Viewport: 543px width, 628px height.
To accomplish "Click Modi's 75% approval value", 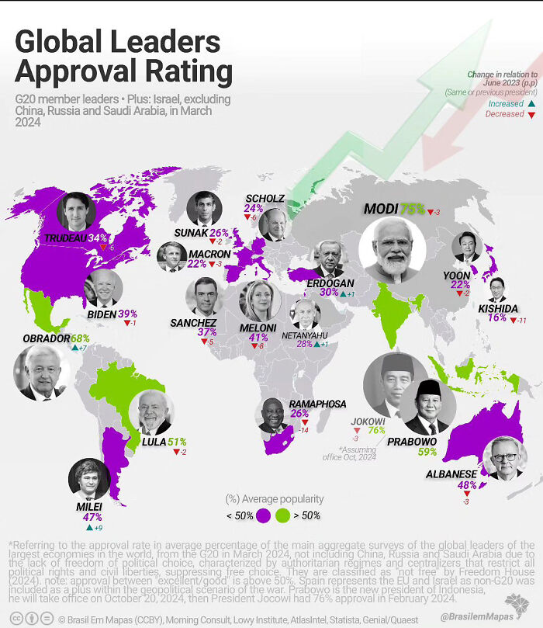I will tap(412, 209).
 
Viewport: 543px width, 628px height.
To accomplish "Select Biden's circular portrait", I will tap(102, 288).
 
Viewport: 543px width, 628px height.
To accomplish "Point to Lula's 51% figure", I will tap(177, 442).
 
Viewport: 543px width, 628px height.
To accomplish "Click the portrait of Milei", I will tap(88, 480).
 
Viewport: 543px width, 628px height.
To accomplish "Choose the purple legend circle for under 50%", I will tap(263, 515).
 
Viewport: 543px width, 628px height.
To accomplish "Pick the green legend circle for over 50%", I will tap(282, 515).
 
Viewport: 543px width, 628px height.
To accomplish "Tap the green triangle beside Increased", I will tap(531, 102).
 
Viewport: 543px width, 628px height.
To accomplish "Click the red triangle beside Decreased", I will tap(531, 114).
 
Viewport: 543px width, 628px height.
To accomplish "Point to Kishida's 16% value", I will tap(497, 317).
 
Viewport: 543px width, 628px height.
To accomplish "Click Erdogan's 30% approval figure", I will tap(329, 293).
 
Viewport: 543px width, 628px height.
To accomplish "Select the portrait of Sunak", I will tap(205, 208).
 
